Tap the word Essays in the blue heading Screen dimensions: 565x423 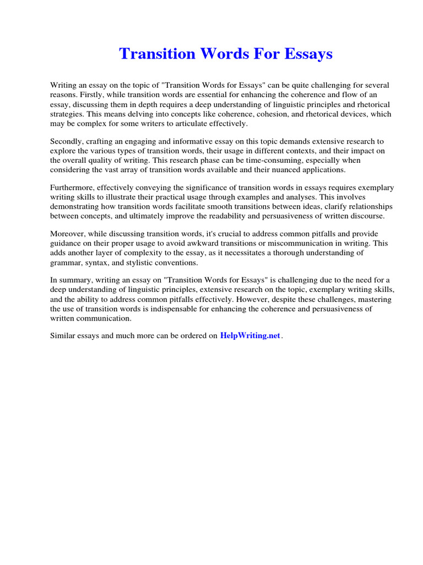click(306, 54)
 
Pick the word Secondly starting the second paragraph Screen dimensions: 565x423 click(67, 141)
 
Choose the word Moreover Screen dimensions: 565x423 click(68, 234)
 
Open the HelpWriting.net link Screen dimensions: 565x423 click(250, 335)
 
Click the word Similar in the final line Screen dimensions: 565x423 click(64, 335)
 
